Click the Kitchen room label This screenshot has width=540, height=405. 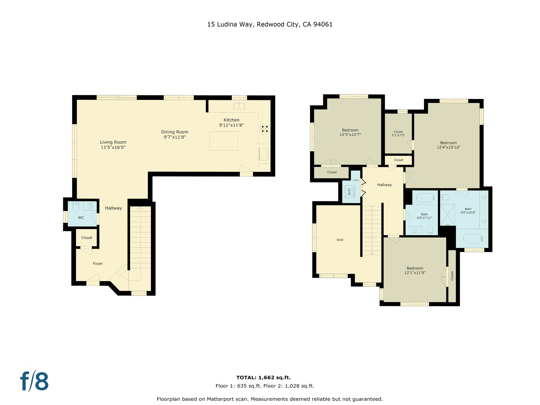(231, 120)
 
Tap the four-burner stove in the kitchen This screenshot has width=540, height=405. (264, 129)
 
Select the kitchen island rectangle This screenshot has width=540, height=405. (224, 141)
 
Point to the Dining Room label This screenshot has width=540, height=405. (175, 132)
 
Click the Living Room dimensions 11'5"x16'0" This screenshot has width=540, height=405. (113, 147)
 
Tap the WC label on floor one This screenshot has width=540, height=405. (81, 218)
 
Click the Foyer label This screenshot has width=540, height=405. (98, 263)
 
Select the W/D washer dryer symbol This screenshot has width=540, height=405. (350, 192)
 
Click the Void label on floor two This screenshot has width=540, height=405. (340, 240)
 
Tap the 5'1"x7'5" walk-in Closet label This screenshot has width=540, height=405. (398, 134)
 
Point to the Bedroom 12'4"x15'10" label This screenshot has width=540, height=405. (448, 145)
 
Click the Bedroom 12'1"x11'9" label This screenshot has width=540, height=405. (415, 270)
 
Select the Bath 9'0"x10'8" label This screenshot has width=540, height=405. (468, 211)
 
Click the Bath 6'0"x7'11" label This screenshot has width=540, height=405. (424, 216)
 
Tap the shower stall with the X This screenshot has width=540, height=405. (447, 215)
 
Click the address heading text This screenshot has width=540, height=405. (270, 24)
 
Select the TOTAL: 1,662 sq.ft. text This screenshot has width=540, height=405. (263, 377)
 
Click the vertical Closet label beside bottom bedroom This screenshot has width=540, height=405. (452, 276)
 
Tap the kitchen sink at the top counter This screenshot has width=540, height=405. (239, 106)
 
